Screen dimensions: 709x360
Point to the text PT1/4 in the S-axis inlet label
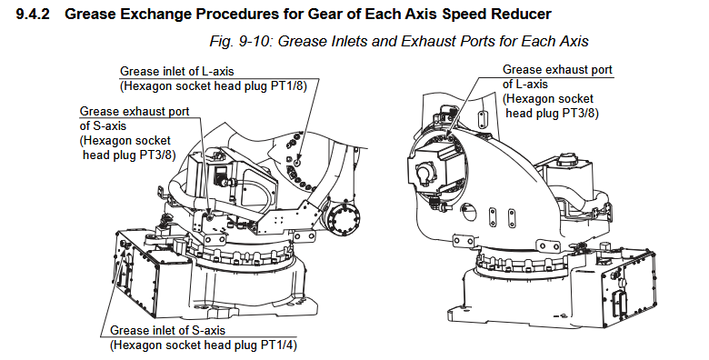pos(279,345)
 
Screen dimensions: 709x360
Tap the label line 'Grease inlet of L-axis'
pos(177,72)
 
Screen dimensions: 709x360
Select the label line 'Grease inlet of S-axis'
pos(168,331)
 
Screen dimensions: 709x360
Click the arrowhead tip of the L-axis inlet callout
pos(297,162)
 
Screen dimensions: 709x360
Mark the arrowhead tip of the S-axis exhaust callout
pos(209,217)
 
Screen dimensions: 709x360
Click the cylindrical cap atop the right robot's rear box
pos(566,160)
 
